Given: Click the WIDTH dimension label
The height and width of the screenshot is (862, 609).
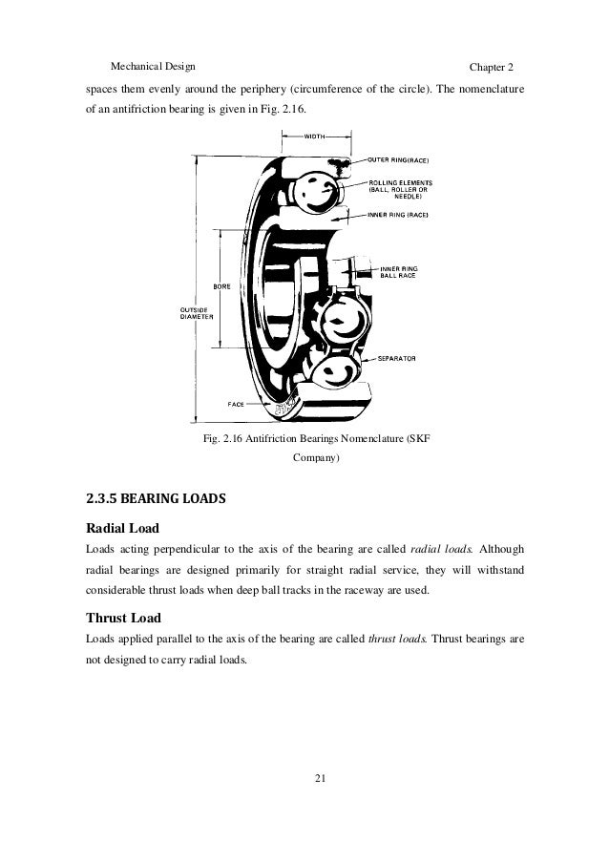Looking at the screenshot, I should coord(315,137).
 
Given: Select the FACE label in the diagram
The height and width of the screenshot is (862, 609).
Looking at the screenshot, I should coord(236,404).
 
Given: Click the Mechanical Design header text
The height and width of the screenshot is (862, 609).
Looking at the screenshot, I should coord(153,68).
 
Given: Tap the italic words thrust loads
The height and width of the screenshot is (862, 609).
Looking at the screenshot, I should coord(397,638).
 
